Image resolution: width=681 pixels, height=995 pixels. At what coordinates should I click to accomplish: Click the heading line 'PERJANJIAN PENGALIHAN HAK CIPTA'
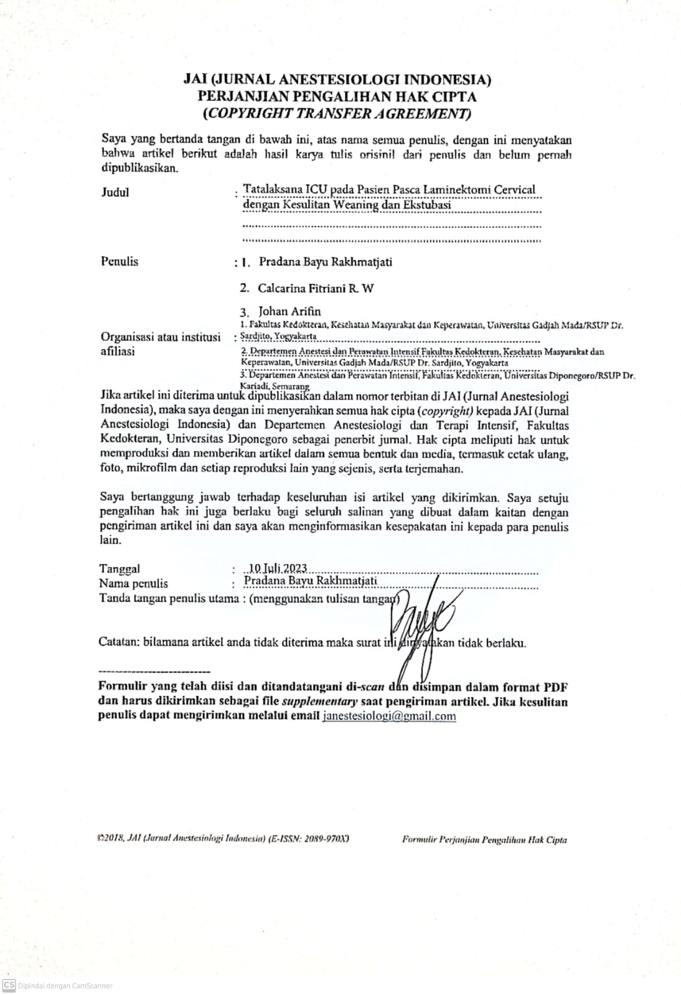pos(337,96)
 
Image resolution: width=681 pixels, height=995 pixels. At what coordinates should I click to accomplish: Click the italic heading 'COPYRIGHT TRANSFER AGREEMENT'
pos(337,113)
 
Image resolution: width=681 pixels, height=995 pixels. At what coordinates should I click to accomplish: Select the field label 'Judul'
pos(115,192)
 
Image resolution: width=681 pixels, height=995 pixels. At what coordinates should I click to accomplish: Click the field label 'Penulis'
pos(120,261)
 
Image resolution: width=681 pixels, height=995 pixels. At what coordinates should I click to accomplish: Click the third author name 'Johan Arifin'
pos(290,311)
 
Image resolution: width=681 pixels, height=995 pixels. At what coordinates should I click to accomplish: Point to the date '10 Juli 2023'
pos(277,568)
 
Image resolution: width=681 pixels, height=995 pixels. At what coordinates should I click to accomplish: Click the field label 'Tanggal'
pos(120,568)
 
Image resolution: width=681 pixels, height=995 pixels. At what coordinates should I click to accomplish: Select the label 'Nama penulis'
pos(133,583)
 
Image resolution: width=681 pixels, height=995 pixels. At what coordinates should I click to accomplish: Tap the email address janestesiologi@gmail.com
pos(389,716)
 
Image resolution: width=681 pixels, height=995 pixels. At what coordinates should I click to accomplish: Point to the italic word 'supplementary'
pos(319,701)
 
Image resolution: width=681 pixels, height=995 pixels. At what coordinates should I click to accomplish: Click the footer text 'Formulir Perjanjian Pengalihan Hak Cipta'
pos(484,840)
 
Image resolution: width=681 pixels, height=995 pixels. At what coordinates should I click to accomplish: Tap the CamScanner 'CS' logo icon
pos(9,985)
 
